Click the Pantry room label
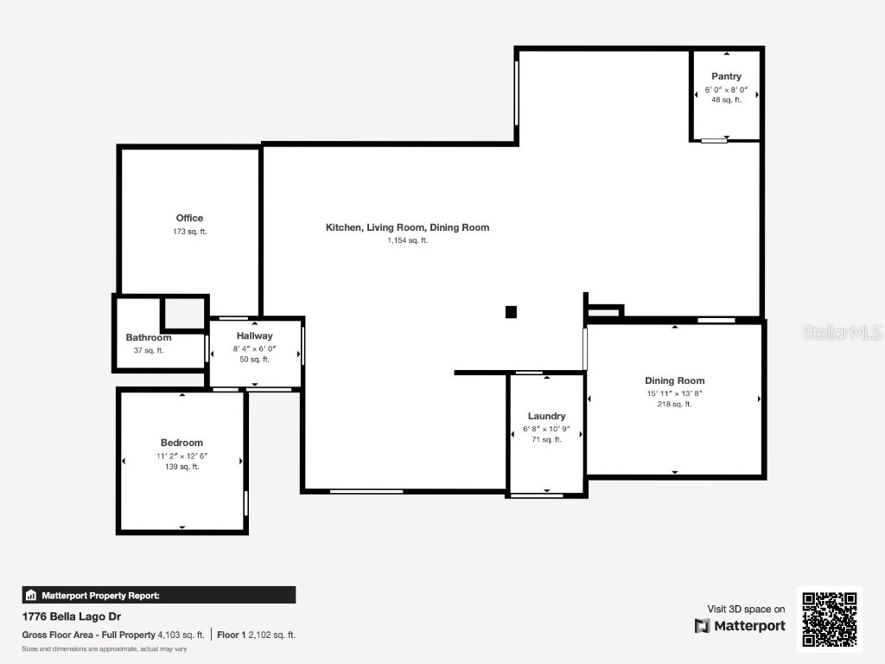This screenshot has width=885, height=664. [x=726, y=77]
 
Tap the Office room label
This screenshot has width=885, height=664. [x=189, y=218]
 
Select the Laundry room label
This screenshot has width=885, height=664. [x=546, y=416]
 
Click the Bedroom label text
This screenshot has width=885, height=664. [x=181, y=443]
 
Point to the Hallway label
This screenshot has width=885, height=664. [x=254, y=335]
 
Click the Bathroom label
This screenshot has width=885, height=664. [x=149, y=338]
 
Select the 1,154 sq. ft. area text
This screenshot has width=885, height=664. [x=407, y=240]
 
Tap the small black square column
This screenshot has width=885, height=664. [x=511, y=312]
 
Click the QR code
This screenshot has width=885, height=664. [x=829, y=619]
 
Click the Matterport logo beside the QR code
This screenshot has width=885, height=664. [x=741, y=626]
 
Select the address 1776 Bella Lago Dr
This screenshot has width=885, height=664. [x=72, y=616]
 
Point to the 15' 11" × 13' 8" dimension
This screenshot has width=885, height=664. [x=674, y=393]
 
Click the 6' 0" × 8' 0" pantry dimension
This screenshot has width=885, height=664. [x=726, y=89]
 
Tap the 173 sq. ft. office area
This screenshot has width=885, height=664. [x=189, y=232]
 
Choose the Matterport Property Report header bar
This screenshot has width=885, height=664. [x=159, y=595]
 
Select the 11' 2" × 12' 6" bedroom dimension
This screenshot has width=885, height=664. [x=181, y=456]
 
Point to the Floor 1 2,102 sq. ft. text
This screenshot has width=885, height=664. [x=257, y=635]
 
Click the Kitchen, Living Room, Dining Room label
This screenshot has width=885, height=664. [x=407, y=227]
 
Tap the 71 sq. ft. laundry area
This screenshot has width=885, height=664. [x=546, y=439]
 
